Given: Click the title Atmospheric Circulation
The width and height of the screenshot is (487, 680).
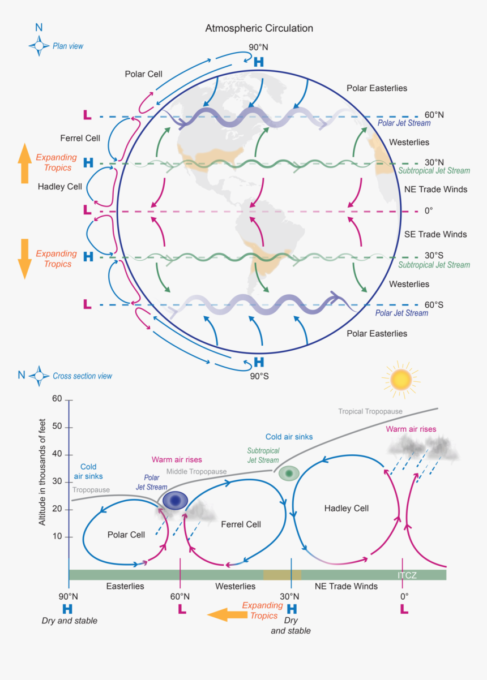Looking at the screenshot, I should click(x=259, y=28).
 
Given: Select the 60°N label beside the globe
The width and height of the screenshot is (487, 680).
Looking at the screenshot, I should click(x=434, y=115).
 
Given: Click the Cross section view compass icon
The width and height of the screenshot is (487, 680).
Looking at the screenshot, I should click(x=39, y=375).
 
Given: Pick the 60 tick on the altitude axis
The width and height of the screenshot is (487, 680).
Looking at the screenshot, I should click(x=57, y=399).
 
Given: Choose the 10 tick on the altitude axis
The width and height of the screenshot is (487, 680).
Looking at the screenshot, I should click(x=57, y=536).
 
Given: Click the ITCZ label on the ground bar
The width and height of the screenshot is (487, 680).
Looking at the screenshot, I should click(x=408, y=575).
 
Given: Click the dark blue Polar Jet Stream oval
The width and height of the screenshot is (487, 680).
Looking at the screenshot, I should click(x=175, y=501).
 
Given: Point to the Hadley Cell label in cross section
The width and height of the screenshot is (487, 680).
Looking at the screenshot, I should click(x=346, y=509).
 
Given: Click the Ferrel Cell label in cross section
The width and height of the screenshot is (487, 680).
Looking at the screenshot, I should click(x=241, y=524).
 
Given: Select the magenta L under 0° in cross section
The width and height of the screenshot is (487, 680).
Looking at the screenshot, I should click(x=404, y=609).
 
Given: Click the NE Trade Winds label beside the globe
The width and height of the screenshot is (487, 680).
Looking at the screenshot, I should click(x=435, y=190).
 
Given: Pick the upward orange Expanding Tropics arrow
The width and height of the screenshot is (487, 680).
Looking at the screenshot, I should click(x=24, y=163).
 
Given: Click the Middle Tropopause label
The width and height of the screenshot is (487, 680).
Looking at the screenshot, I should click(x=196, y=471).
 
